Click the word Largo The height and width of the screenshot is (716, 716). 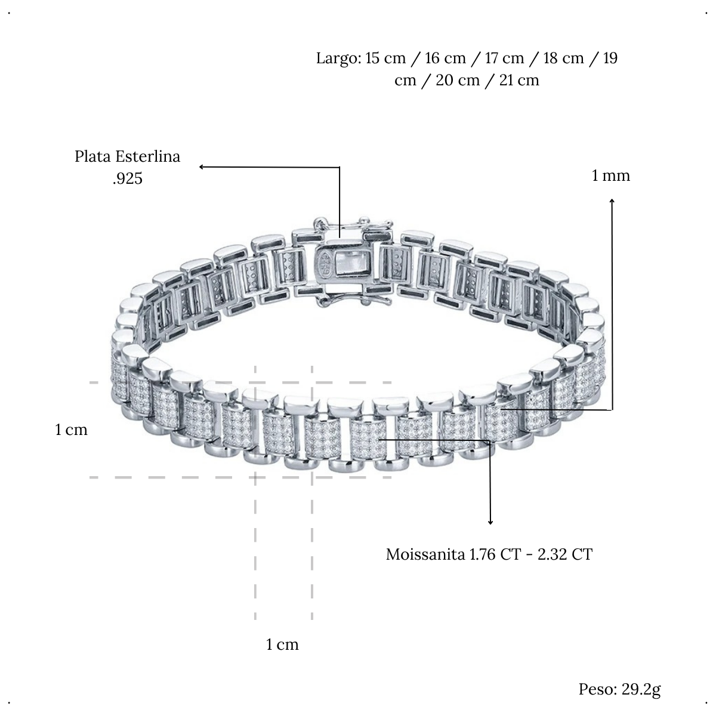point(338,59)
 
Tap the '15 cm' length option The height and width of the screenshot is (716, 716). point(385,58)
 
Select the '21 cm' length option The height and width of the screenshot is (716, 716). point(519,81)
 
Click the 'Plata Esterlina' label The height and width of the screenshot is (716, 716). point(128,156)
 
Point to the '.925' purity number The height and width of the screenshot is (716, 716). point(128,179)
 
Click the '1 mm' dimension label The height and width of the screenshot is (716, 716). point(611,176)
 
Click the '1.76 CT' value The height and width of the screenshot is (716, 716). point(495,554)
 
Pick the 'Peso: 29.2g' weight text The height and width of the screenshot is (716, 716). point(620,690)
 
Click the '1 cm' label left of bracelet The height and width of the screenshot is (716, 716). point(72,430)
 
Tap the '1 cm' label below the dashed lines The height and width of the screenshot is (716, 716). point(282,644)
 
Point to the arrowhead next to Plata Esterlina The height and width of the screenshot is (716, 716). point(202,167)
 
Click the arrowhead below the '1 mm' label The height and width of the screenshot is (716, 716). point(612,201)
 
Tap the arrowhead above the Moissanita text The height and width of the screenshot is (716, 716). point(490,522)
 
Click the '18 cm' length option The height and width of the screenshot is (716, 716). point(564,58)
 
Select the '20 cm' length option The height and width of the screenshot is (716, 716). point(458,81)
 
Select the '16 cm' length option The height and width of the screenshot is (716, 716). point(446,58)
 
